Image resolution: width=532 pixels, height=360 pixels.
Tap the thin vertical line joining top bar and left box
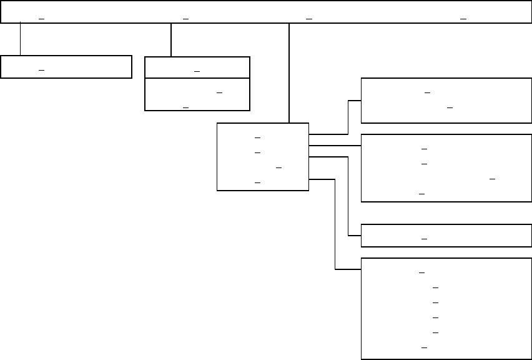pyautogui.click(x=20, y=39)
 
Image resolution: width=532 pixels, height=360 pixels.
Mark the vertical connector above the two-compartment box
pyautogui.click(x=170, y=40)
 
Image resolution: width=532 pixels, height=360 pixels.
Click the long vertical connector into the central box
pyautogui.click(x=289, y=72)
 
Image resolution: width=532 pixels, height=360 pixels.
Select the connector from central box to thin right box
pyautogui.click(x=348, y=200)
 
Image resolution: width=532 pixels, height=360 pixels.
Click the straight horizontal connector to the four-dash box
pyautogui.click(x=335, y=145)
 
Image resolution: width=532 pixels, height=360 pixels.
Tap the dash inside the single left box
pyautogui.click(x=41, y=71)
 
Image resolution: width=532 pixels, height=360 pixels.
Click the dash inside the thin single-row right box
pyautogui.click(x=425, y=239)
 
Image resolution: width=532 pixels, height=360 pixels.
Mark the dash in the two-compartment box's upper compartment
pyautogui.click(x=197, y=71)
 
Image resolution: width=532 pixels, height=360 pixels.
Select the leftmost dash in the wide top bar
pyautogui.click(x=41, y=19)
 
